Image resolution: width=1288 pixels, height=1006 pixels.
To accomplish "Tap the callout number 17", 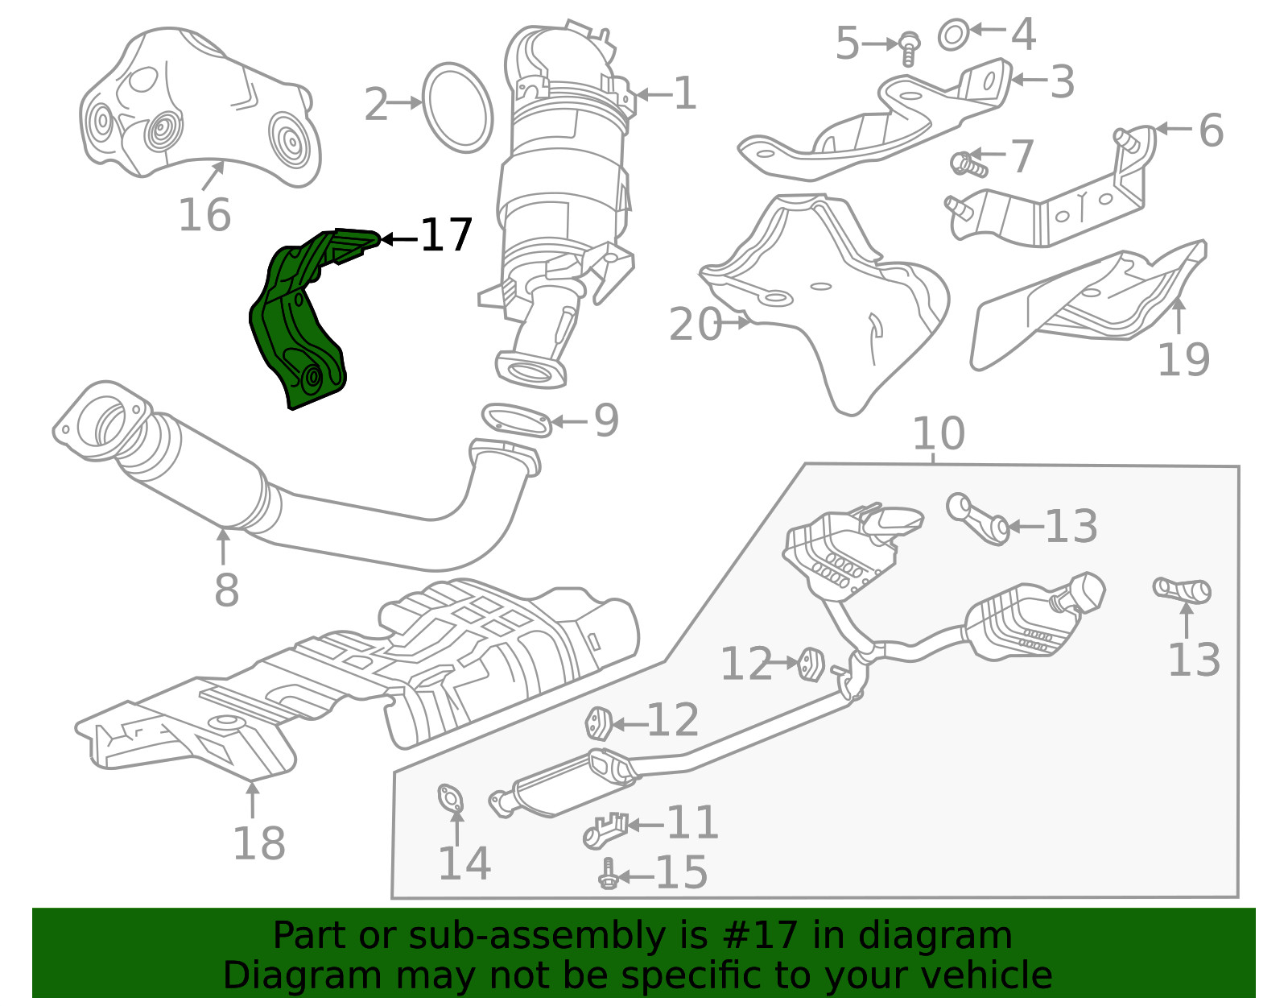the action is (446, 235).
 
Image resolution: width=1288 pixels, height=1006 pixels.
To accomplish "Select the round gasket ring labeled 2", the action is (456, 107).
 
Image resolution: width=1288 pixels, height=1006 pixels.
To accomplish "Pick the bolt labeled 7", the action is (968, 164).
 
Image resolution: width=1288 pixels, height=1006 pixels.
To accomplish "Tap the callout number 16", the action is (204, 214).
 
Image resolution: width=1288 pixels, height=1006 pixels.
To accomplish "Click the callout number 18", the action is (259, 843).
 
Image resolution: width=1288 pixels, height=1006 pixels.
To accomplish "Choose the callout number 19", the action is (1183, 359).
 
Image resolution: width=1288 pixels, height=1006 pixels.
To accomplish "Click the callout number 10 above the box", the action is (939, 433).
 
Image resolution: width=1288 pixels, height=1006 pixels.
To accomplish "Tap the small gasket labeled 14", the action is (451, 798).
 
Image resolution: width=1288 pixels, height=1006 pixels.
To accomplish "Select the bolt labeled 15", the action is (607, 875).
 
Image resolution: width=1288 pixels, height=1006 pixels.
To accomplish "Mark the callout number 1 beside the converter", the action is (685, 93).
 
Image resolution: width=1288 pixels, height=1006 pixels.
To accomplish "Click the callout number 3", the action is (1062, 82).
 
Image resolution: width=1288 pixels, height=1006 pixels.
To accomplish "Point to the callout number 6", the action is (1211, 130).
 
